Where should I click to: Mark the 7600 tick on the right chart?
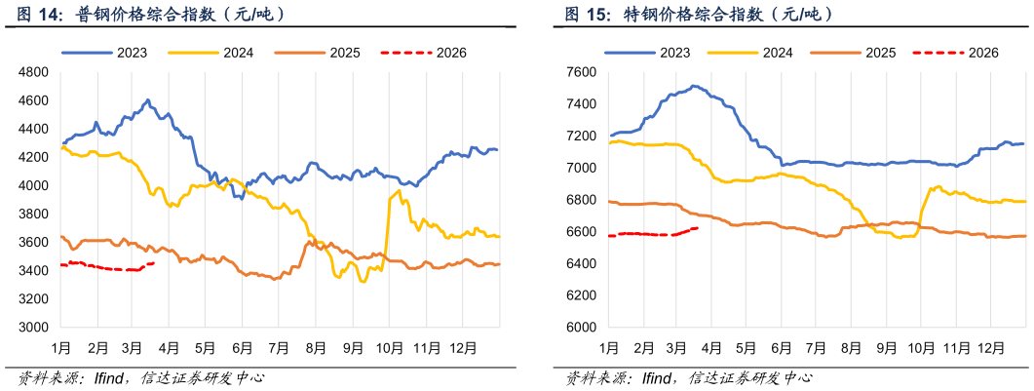581,72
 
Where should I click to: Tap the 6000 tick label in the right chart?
581,328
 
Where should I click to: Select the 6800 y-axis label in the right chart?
581,200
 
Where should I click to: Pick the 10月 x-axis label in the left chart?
389,348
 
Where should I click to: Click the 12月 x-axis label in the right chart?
991,348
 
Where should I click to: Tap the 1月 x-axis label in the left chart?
61,348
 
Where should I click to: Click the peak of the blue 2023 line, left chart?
147,99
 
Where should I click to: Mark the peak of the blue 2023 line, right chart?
693,86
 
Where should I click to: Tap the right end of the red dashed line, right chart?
697,228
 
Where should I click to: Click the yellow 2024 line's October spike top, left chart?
400,190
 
